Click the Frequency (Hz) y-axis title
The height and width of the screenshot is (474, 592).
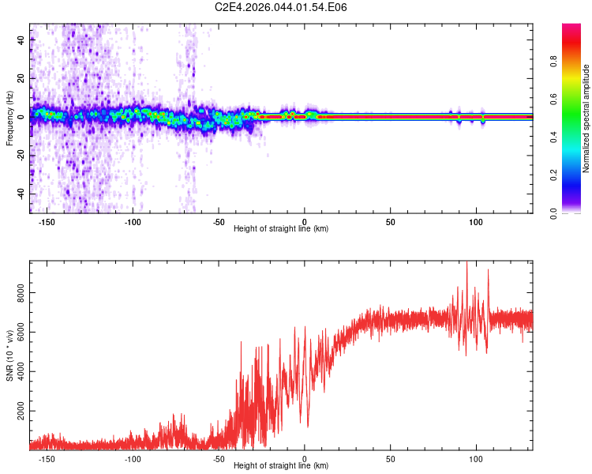pos(9,118)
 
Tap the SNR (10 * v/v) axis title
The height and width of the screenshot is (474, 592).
pos(9,355)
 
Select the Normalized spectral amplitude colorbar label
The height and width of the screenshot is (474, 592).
pos(586,118)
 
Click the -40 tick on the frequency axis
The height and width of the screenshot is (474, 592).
pos(21,194)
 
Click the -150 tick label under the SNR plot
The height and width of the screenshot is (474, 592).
pos(46,458)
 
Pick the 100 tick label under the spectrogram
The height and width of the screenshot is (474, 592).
pos(475,222)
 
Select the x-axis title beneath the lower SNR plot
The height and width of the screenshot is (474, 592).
pos(281,467)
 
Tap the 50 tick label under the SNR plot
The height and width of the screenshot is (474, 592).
pos(390,458)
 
